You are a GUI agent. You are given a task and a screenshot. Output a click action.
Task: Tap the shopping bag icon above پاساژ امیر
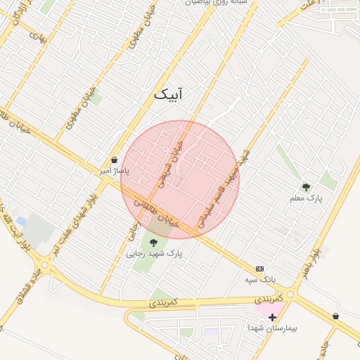pyautogui.click(x=114, y=160)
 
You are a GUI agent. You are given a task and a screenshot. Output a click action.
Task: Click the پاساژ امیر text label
pyautogui.click(x=114, y=171)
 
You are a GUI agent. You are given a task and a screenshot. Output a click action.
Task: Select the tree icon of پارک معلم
pyautogui.click(x=306, y=186)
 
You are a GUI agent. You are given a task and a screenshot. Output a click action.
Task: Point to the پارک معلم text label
pyautogui.click(x=306, y=198)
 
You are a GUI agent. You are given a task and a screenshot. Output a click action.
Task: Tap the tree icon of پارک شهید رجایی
pyautogui.click(x=153, y=243)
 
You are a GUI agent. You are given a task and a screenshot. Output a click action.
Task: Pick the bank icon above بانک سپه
pyautogui.click(x=259, y=269)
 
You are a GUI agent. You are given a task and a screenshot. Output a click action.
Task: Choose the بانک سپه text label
pyautogui.click(x=259, y=280)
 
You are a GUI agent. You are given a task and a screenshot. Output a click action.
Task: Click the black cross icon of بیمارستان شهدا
pyautogui.click(x=273, y=317)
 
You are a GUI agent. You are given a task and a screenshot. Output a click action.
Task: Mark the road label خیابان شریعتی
pyautogui.click(x=170, y=162)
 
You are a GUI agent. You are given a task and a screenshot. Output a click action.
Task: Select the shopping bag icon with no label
pyautogui.click(x=335, y=316)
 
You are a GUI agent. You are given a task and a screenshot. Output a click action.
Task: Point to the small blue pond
pyautogui.click(x=20, y=221)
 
